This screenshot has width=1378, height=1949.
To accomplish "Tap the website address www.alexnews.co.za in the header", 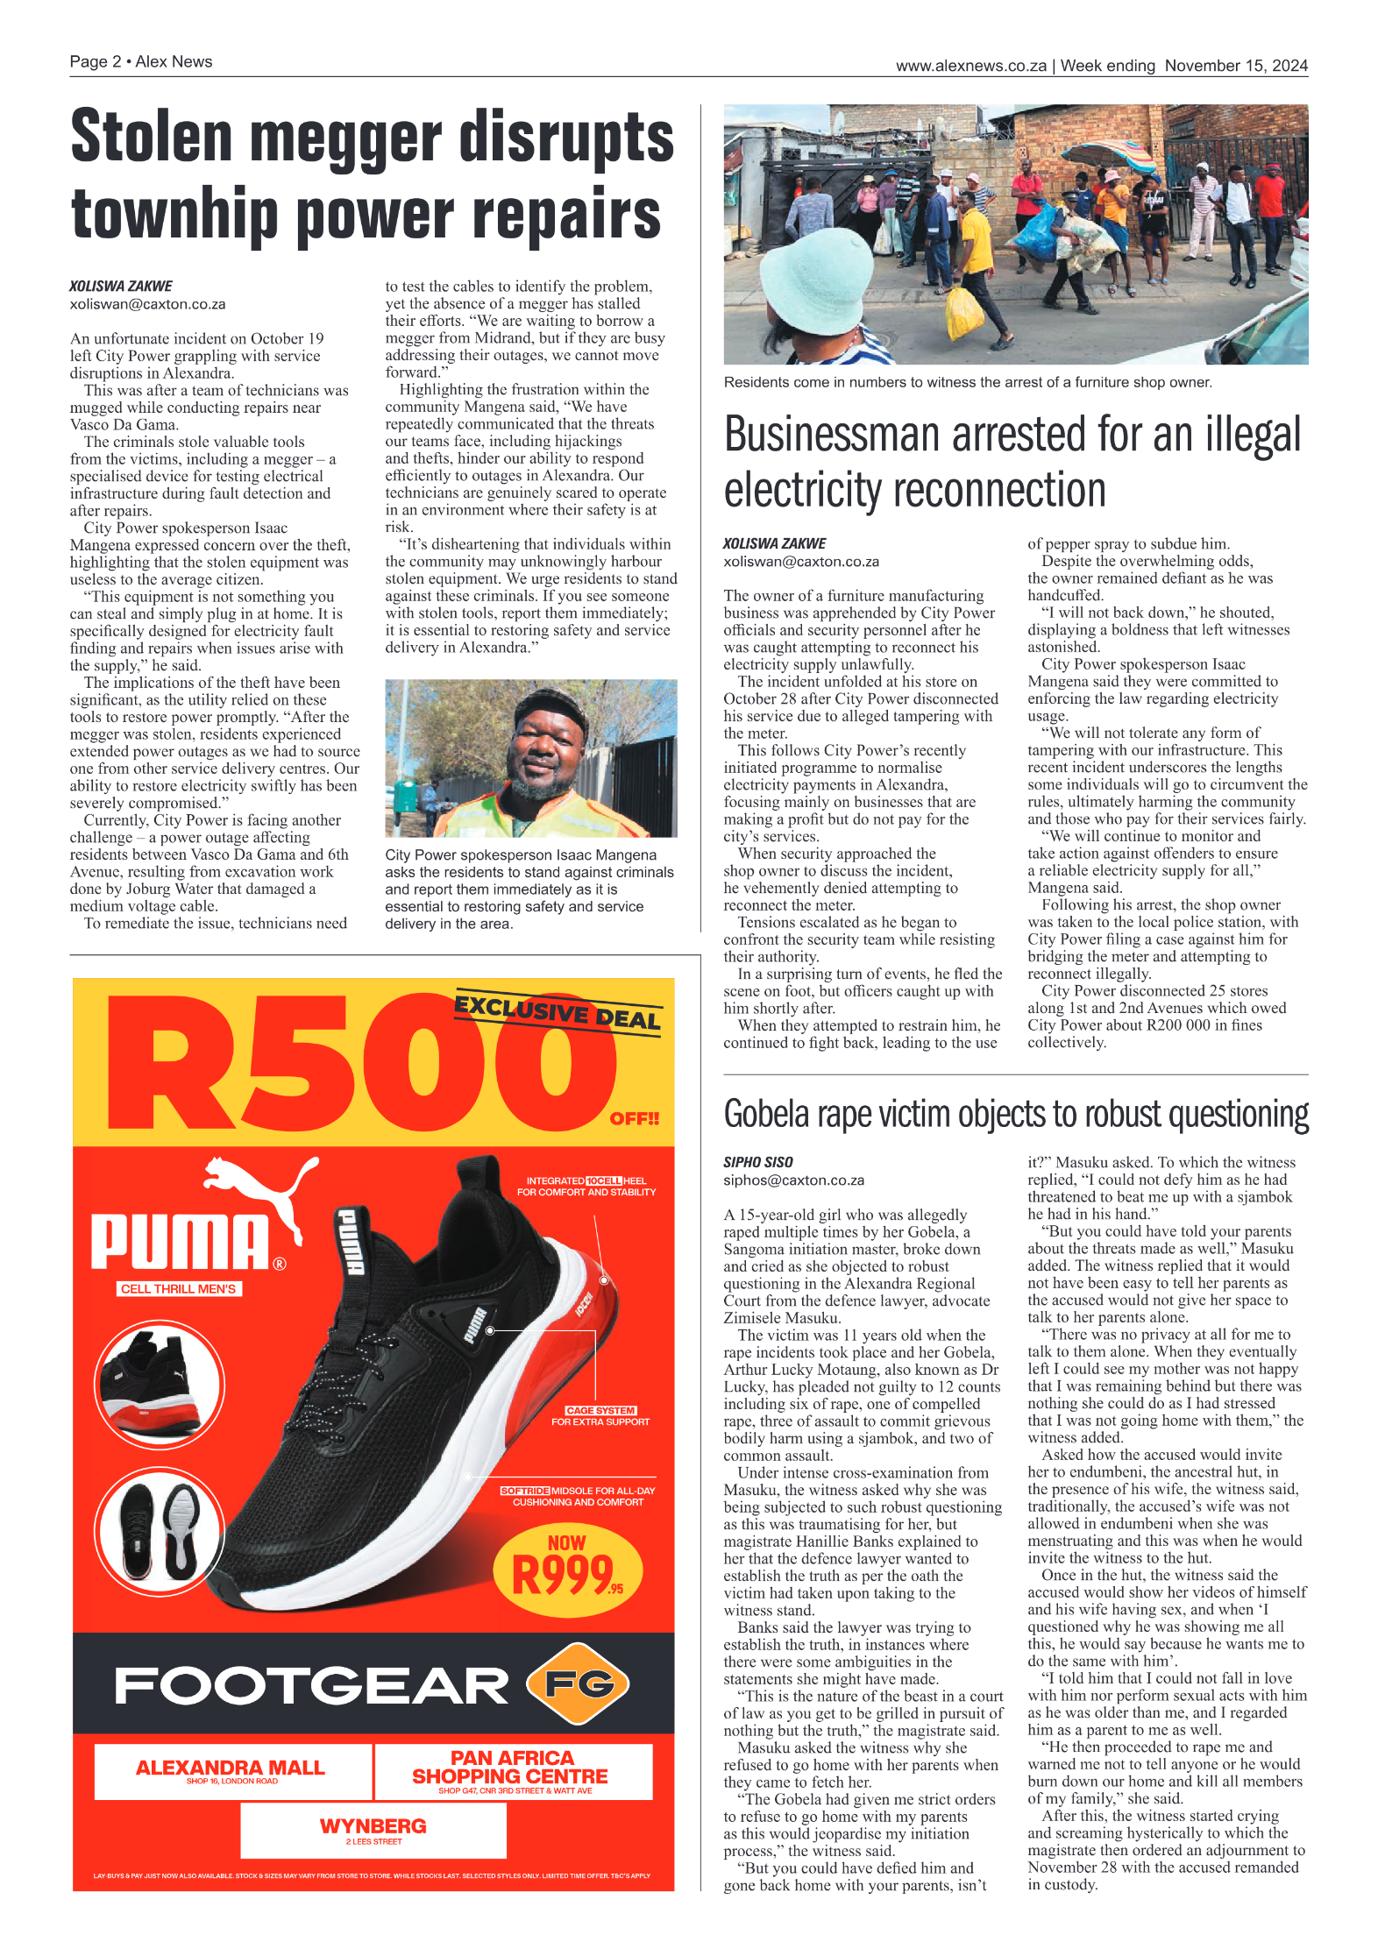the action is point(970,66).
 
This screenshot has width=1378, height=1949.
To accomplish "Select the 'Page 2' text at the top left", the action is point(95,61).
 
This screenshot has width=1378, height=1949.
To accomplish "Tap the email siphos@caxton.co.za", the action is point(793,1180).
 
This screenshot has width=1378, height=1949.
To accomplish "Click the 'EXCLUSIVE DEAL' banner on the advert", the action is point(558,1012).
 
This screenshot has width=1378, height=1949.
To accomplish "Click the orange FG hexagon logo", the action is point(579,1683).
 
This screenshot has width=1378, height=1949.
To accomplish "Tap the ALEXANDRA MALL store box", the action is point(231,1770).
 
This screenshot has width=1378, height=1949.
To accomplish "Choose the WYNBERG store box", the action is point(373,1830).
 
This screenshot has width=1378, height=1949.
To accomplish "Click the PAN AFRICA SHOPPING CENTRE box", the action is point(512,1770).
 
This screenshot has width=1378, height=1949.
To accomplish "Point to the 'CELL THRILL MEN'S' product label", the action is point(179,1288).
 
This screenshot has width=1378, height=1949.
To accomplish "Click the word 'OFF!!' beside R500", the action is point(635,1119).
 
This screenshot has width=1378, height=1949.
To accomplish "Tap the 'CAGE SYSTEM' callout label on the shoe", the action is point(600,1410).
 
